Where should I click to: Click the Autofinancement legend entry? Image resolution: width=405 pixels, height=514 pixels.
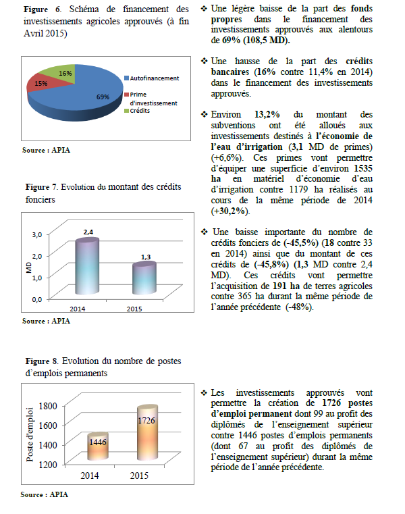154,78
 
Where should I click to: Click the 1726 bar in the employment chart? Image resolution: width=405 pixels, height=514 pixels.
146,435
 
